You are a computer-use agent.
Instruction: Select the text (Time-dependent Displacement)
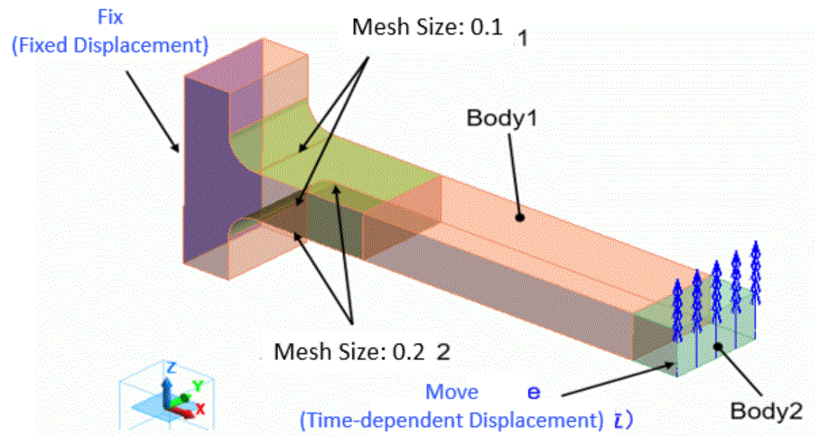click(451, 420)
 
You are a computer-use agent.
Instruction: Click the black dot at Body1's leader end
click(520, 217)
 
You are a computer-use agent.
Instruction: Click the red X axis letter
click(201, 408)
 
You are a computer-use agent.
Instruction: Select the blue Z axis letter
click(170, 366)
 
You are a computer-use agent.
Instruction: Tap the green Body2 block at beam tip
click(713, 325)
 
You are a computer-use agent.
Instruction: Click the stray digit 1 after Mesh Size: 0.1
click(523, 38)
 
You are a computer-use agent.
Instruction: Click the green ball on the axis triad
click(184, 396)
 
